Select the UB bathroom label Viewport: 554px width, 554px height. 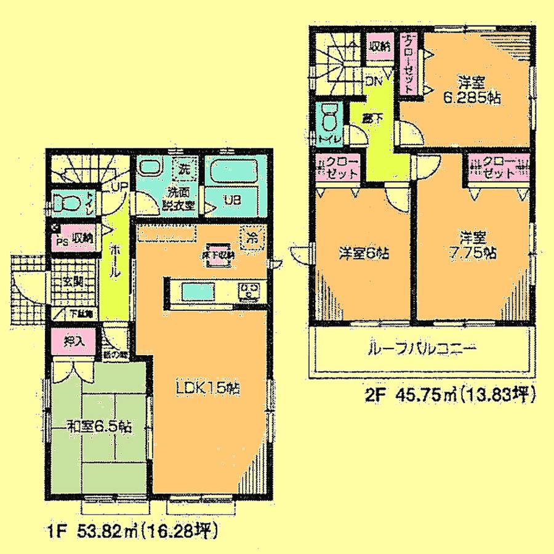coord(231,199)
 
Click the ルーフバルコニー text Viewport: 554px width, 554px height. coord(421,349)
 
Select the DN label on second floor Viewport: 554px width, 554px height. coord(374,80)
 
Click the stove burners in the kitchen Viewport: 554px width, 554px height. coord(249,290)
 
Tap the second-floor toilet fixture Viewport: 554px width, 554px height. coord(328,117)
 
